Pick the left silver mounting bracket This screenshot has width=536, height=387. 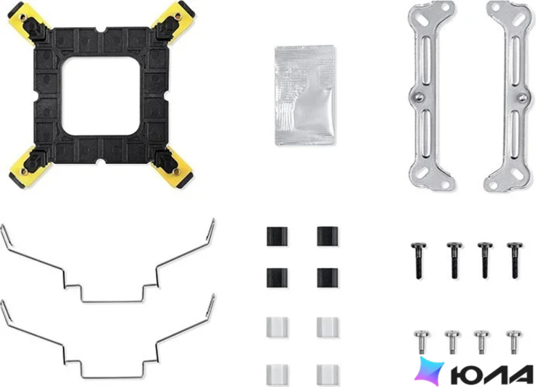[x=432, y=96]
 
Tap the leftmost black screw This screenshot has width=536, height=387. [x=419, y=260]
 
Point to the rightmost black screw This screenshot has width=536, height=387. [x=515, y=260]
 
